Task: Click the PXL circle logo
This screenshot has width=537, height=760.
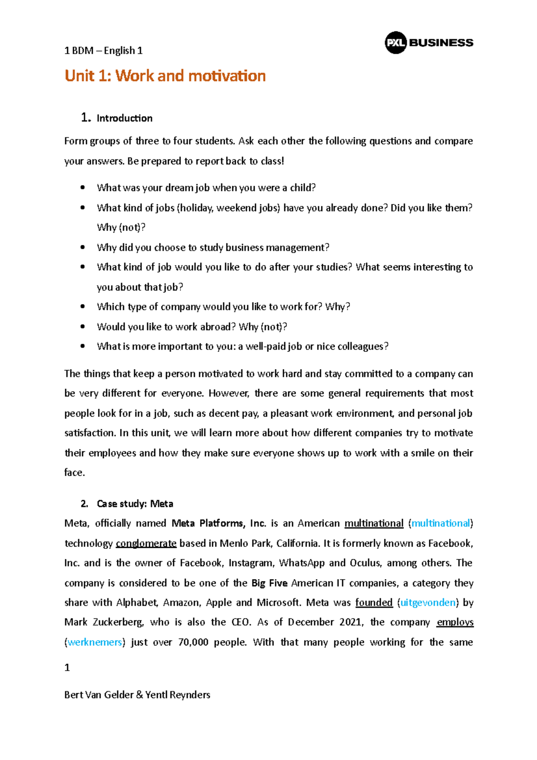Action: pyautogui.click(x=396, y=43)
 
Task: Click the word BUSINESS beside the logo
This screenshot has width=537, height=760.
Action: pyautogui.click(x=441, y=43)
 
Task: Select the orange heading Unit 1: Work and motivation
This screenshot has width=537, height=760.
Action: pyautogui.click(x=165, y=76)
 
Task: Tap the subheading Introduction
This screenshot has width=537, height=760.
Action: pyautogui.click(x=124, y=118)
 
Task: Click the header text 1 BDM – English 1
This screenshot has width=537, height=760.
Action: pyautogui.click(x=103, y=51)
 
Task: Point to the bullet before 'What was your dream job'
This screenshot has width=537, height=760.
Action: pyautogui.click(x=82, y=188)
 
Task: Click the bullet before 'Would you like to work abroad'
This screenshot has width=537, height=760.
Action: pyautogui.click(x=82, y=327)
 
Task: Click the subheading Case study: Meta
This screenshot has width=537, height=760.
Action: pyautogui.click(x=135, y=504)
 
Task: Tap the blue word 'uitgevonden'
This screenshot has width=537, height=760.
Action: pyautogui.click(x=428, y=602)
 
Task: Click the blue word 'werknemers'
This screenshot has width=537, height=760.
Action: pyautogui.click(x=95, y=642)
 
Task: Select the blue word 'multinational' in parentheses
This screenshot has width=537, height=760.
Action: pyautogui.click(x=441, y=523)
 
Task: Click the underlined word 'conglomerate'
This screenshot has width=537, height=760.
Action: pyautogui.click(x=146, y=543)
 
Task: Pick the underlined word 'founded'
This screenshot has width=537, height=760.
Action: pyautogui.click(x=374, y=602)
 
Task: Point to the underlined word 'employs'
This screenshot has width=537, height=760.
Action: pyautogui.click(x=455, y=622)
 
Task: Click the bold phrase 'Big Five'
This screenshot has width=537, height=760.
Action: pyautogui.click(x=270, y=583)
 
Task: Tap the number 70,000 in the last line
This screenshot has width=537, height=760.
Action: pyautogui.click(x=193, y=642)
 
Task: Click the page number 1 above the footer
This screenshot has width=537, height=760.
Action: pyautogui.click(x=67, y=668)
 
